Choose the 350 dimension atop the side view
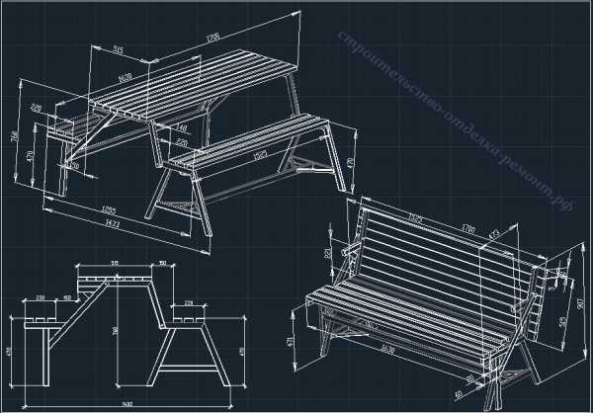click(161, 264)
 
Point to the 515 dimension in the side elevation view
click(116, 263)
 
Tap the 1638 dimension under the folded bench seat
click(384, 349)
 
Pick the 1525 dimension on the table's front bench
click(260, 156)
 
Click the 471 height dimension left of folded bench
click(291, 340)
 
